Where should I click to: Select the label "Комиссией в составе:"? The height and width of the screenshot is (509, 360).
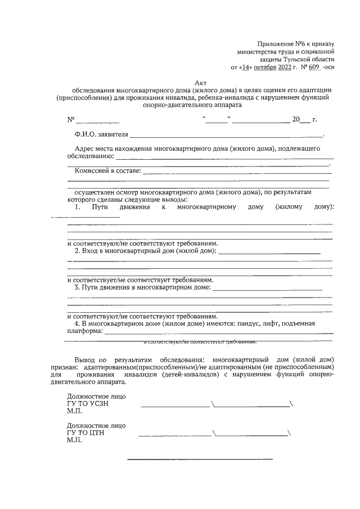[x=107, y=170]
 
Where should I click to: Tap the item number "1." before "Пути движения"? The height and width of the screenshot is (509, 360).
[x=79, y=208]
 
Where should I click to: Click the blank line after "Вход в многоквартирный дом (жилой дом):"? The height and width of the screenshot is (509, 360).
[x=269, y=254]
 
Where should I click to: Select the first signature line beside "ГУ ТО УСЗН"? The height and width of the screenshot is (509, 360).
[x=174, y=406]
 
